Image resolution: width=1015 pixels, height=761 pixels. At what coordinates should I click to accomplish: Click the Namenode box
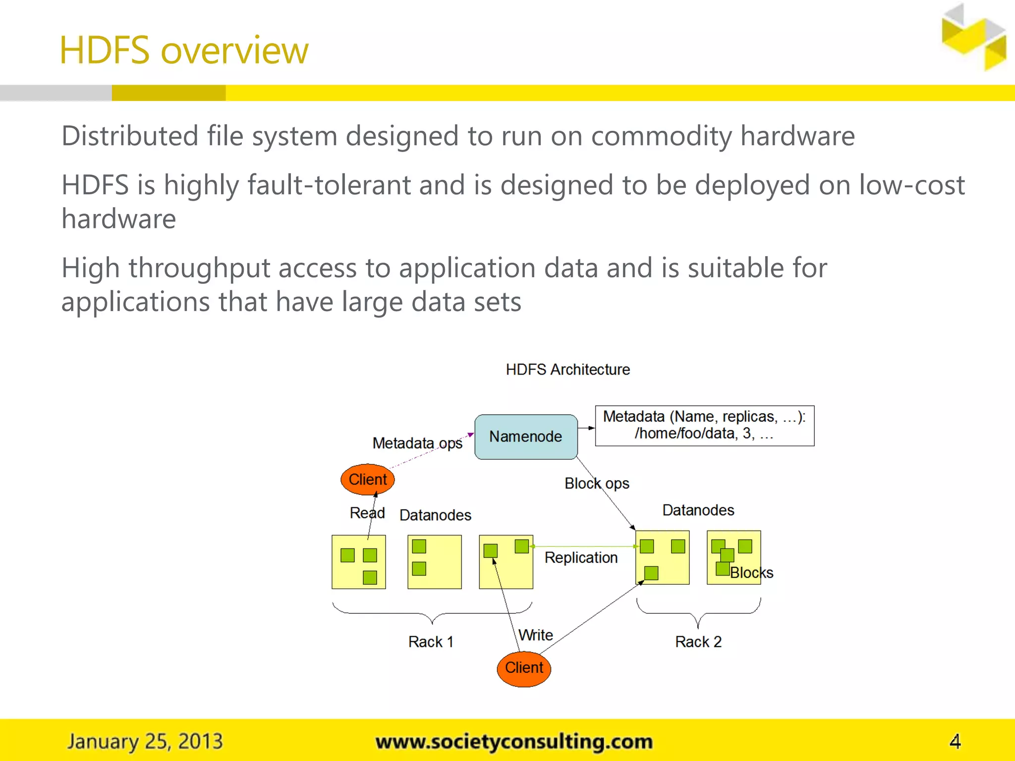point(526,436)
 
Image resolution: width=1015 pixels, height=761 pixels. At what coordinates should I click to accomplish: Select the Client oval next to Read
point(367,479)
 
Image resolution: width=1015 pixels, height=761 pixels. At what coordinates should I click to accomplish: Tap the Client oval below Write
point(524,668)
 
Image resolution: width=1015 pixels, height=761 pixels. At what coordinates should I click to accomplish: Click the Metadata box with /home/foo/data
point(704,426)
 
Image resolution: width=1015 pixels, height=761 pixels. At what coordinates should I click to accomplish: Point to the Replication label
point(581,557)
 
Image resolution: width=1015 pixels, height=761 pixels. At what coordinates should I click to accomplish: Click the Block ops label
point(597,483)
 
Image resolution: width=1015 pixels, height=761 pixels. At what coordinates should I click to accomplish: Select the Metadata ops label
point(417,443)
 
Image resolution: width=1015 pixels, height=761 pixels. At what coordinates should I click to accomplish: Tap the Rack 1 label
point(431,642)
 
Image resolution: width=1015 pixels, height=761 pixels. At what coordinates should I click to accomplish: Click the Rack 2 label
point(698,642)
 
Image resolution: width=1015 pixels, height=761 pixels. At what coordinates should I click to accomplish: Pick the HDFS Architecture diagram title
point(567,370)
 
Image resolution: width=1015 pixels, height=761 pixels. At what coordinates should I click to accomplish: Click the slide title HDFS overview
point(184,51)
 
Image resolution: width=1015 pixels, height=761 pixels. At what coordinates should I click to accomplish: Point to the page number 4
point(955,741)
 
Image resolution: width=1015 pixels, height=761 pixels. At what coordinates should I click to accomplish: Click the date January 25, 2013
point(145,741)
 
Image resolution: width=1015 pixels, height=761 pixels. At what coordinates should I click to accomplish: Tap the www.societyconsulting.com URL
point(514,742)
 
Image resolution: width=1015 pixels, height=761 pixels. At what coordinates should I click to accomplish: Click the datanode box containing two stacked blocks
point(434,561)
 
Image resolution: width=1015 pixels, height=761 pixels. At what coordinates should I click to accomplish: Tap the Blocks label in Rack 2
point(751,573)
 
